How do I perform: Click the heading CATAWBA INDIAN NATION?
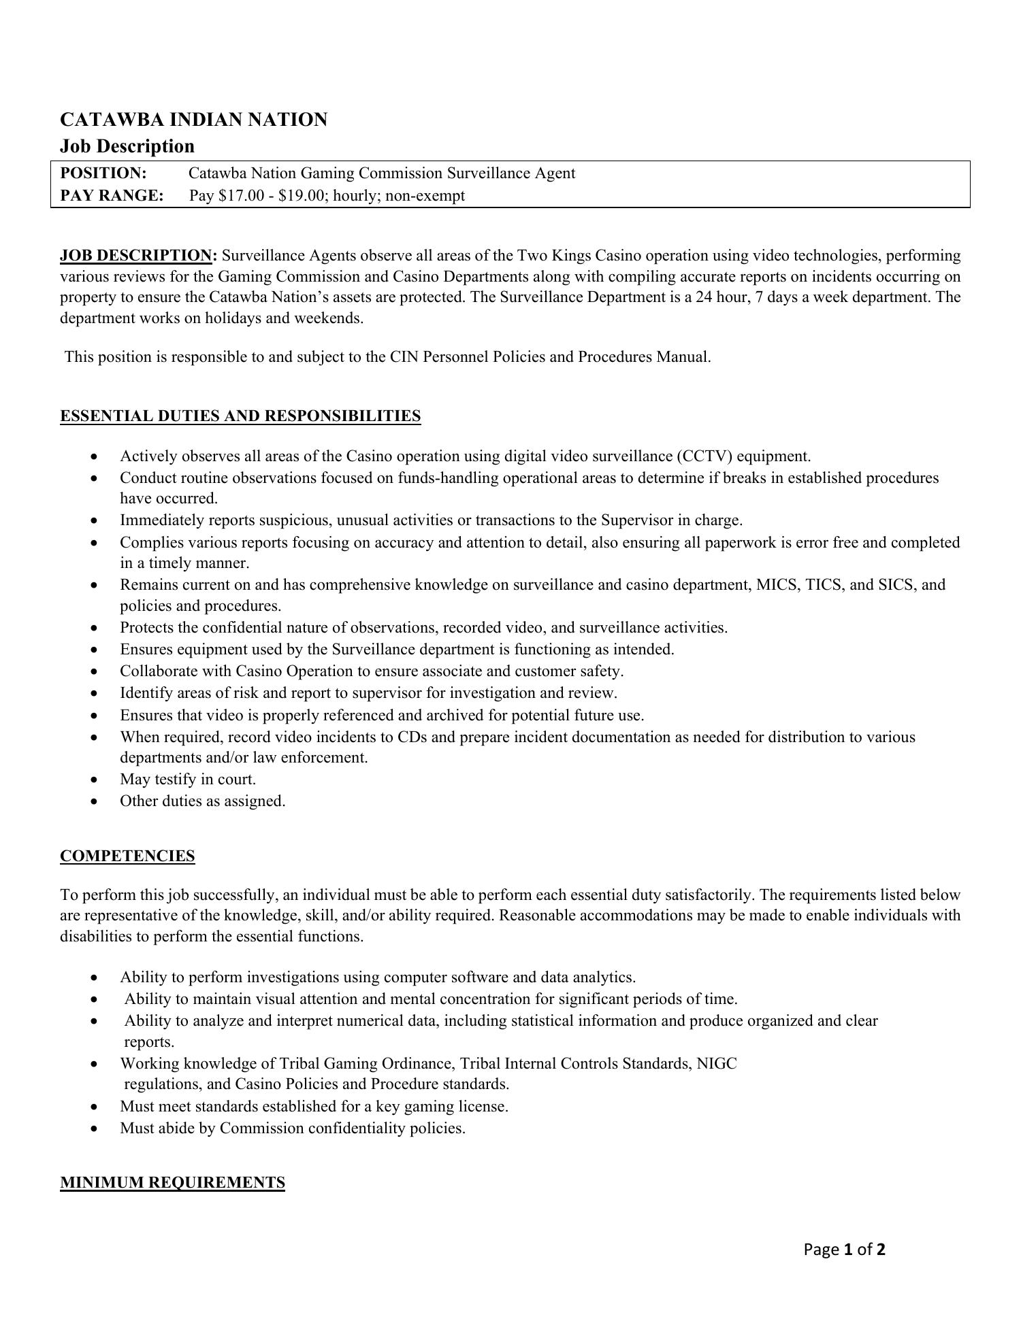193,120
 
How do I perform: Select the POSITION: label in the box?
103,173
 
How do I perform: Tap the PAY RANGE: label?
112,196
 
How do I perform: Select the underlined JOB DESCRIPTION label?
136,256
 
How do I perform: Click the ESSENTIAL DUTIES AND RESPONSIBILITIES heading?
240,416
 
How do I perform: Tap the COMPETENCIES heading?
127,856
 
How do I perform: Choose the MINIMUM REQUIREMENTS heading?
172,1182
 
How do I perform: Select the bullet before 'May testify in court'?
94,780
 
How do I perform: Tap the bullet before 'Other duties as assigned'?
94,802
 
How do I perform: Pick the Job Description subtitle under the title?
127,146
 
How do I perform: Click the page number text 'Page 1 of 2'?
844,1249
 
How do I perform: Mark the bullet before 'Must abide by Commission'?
94,1129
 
